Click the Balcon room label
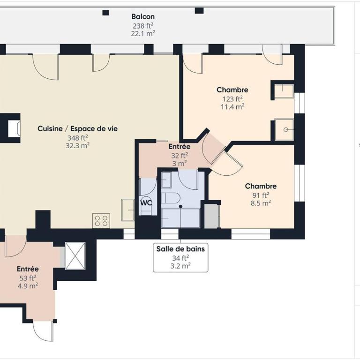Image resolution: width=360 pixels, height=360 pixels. click(x=143, y=16)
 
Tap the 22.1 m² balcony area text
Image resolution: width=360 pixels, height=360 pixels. click(x=143, y=34)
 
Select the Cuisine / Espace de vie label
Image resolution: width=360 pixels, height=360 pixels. click(x=78, y=128)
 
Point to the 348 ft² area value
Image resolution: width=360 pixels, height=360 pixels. click(x=78, y=138)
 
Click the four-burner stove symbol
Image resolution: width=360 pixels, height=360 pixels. click(x=101, y=221)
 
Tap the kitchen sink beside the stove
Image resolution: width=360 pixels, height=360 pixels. click(x=127, y=210)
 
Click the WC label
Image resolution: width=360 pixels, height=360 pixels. click(x=146, y=202)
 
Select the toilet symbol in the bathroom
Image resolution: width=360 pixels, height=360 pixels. click(x=171, y=198)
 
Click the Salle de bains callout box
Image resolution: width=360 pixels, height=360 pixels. click(x=180, y=258)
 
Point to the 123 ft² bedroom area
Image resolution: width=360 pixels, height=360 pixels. click(x=232, y=99)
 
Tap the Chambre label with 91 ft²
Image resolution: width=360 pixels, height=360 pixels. click(x=261, y=186)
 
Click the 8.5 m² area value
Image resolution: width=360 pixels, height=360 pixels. click(x=261, y=203)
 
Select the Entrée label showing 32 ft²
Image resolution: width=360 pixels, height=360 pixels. click(x=180, y=146)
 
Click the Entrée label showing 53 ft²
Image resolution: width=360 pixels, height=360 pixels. click(x=28, y=269)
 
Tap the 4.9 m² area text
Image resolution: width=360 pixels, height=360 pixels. click(x=28, y=286)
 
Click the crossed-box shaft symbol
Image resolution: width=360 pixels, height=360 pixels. click(x=75, y=256)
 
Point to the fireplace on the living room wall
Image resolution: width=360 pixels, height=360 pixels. click(x=14, y=128)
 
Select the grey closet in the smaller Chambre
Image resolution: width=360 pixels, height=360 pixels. click(x=212, y=216)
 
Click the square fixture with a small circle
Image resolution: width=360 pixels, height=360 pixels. click(x=284, y=129)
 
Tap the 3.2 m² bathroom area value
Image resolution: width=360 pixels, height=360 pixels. click(x=180, y=266)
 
